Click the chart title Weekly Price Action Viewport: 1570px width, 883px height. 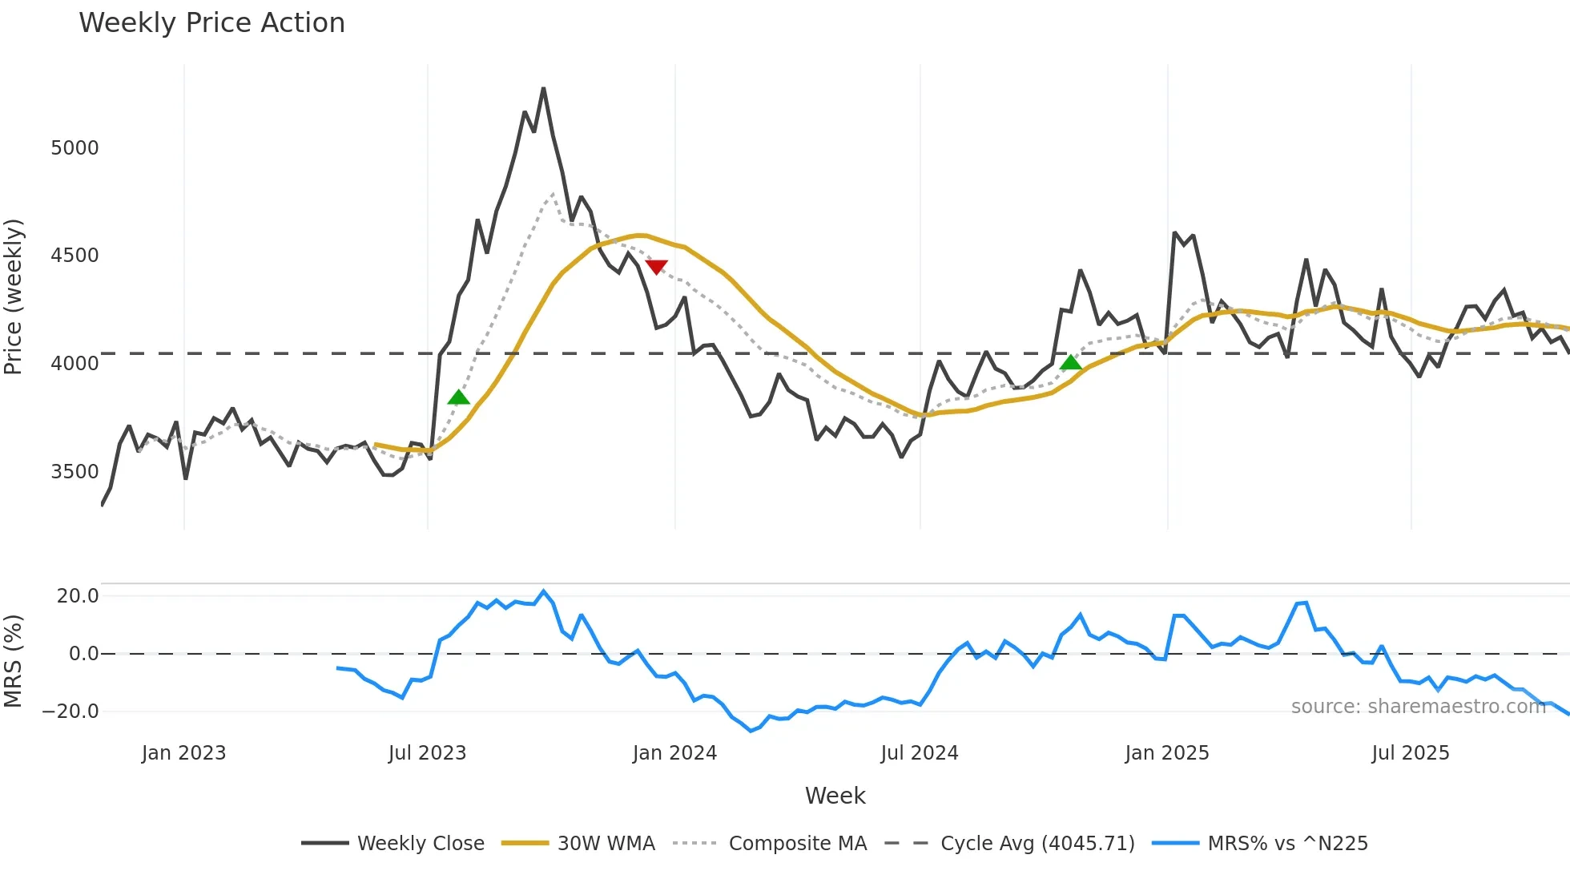[211, 23]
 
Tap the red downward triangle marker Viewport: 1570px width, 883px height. [656, 267]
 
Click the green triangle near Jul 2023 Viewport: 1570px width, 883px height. [458, 397]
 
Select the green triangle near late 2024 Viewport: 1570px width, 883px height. [1071, 363]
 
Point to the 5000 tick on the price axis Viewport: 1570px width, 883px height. [74, 148]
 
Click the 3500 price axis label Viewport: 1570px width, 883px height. [74, 472]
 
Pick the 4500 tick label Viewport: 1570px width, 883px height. [74, 256]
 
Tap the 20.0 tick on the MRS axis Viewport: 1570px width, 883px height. [78, 596]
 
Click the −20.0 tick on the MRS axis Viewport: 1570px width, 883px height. [70, 712]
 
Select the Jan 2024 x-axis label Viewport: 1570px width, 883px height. [674, 753]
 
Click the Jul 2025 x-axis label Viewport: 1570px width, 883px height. [1410, 753]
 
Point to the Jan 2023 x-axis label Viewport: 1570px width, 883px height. [183, 753]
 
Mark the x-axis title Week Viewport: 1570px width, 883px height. [835, 796]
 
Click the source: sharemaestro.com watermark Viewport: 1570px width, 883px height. [1418, 707]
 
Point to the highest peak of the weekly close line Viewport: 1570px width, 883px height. [543, 89]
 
